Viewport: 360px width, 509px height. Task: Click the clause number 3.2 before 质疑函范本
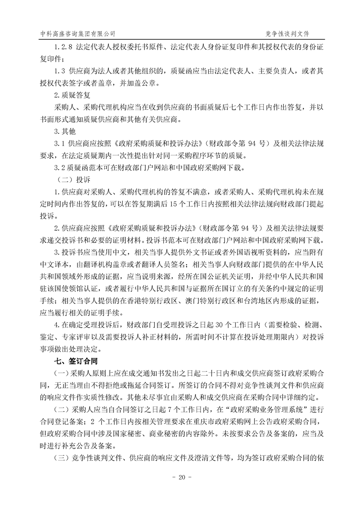[60, 168]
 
